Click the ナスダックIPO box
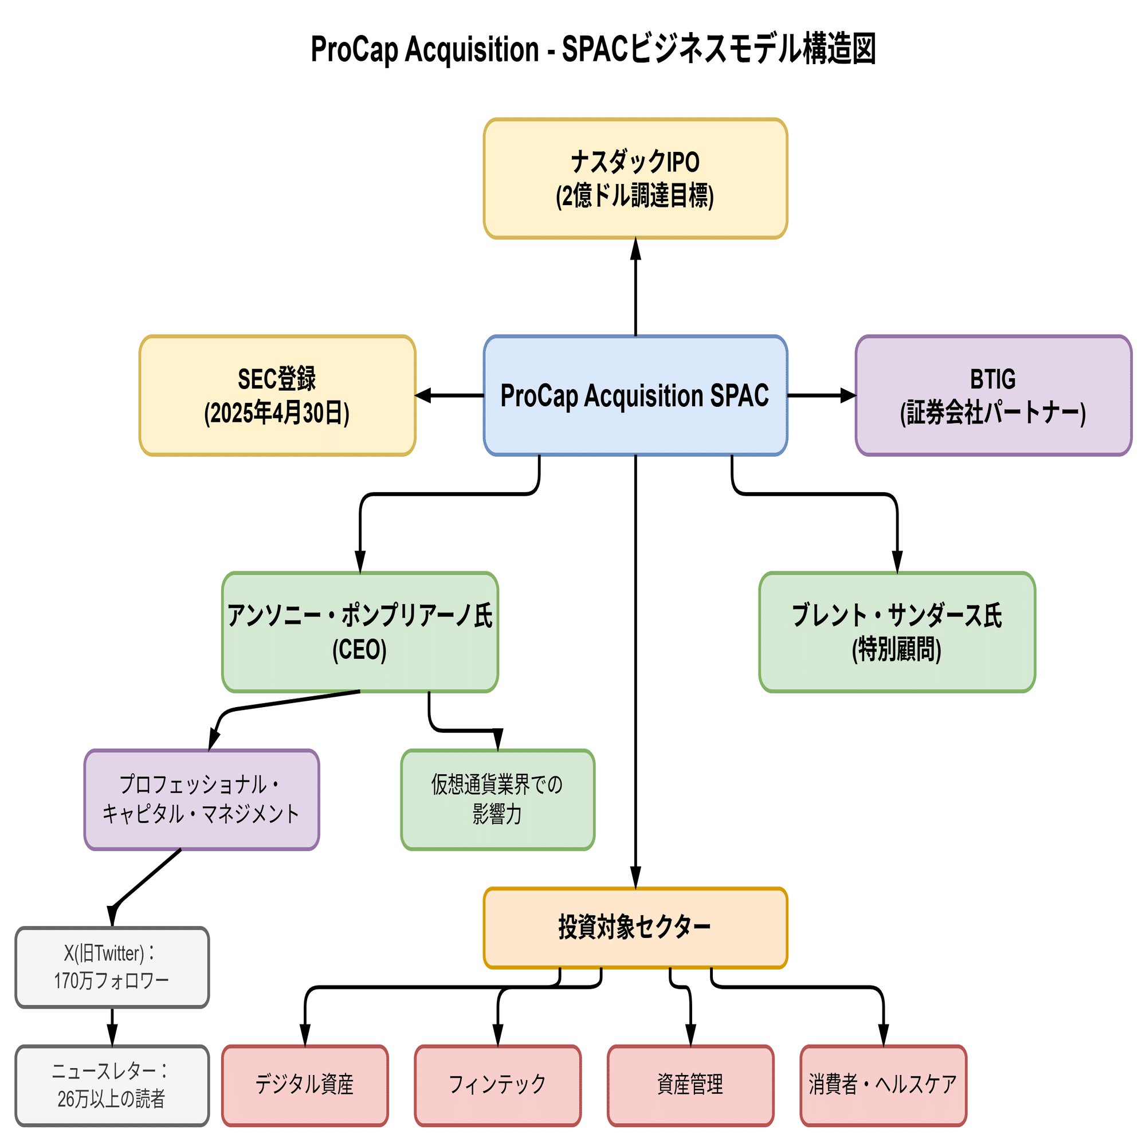click(635, 179)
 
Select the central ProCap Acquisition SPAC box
click(635, 395)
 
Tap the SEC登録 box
click(277, 395)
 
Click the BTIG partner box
click(993, 395)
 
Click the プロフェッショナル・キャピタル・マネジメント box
click(202, 799)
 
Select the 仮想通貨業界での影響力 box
click(498, 799)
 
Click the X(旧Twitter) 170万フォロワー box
click(112, 967)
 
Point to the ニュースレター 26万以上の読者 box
click(112, 1085)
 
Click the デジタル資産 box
click(305, 1085)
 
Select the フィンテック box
click(498, 1085)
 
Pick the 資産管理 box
click(690, 1085)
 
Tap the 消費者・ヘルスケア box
click(883, 1085)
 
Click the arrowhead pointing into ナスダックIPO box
click(635, 249)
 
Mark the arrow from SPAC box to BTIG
click(822, 395)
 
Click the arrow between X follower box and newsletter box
click(112, 1027)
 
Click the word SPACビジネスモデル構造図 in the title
click(719, 49)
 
